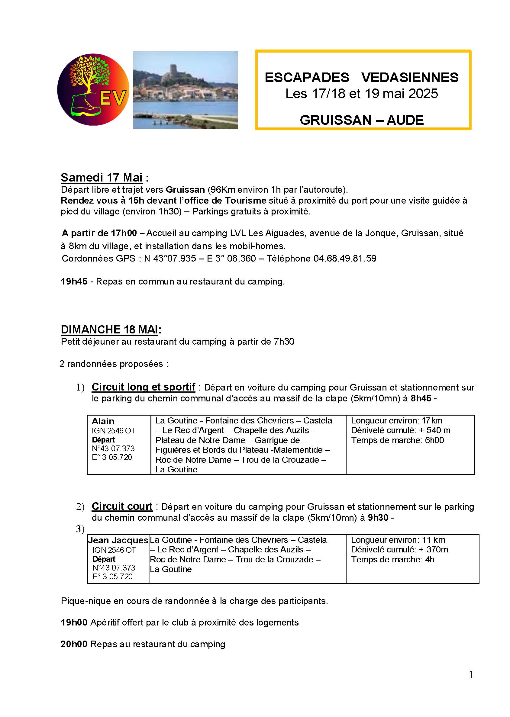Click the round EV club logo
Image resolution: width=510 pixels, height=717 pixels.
(x=93, y=90)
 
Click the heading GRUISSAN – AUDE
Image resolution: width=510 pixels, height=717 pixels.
(x=361, y=120)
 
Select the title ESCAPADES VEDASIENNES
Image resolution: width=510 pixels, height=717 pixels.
(x=361, y=78)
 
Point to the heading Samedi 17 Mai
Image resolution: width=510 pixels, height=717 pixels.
(x=102, y=178)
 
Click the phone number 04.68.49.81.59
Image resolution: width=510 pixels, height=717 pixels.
(x=345, y=258)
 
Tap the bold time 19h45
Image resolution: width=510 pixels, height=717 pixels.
(x=74, y=281)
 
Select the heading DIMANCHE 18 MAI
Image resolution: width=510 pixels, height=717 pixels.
(x=109, y=329)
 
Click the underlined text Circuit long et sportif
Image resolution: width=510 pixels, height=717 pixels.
(x=143, y=387)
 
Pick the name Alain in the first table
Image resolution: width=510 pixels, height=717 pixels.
(x=103, y=421)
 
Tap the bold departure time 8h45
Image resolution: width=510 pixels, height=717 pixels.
(x=421, y=398)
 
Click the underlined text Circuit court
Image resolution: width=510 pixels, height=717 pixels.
(x=122, y=506)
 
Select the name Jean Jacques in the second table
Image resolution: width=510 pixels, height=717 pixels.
(x=118, y=540)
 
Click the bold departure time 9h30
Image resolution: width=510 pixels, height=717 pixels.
(x=378, y=517)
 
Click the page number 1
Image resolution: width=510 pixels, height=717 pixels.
(x=471, y=675)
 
